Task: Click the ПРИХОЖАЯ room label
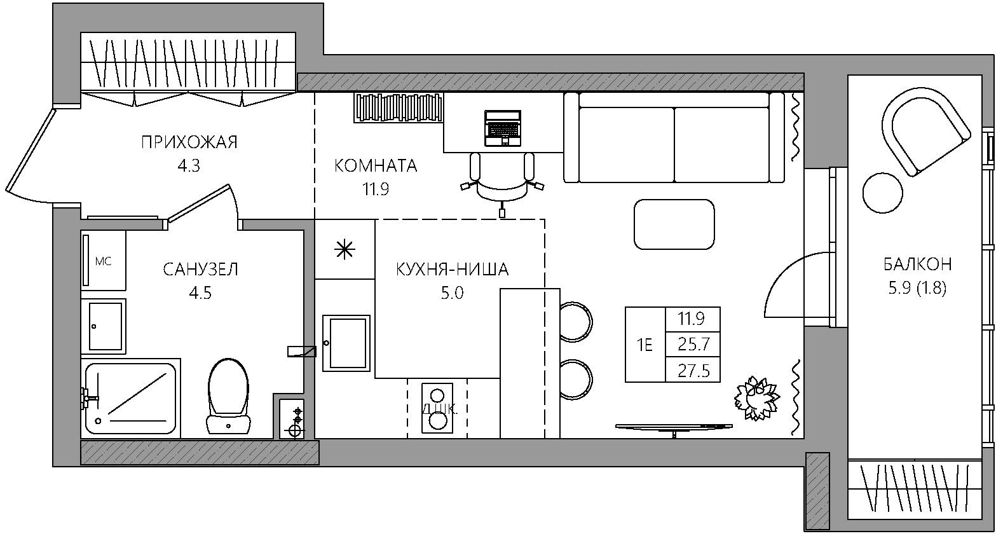tap(189, 142)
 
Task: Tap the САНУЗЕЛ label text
tap(200, 269)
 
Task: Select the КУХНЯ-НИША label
tap(452, 269)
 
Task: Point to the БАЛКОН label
tap(917, 265)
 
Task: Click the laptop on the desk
tap(503, 128)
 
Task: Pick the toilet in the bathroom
tap(228, 396)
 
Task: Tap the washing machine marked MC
tap(103, 260)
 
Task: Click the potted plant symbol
tap(756, 397)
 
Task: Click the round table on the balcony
tap(883, 193)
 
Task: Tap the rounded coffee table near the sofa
tap(674, 224)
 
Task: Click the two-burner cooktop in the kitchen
tap(437, 408)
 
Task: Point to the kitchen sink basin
tap(346, 343)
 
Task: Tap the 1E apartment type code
tap(645, 345)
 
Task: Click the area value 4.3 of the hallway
tap(189, 166)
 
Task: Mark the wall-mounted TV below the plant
tap(674, 428)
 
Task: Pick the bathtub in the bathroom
tap(131, 399)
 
